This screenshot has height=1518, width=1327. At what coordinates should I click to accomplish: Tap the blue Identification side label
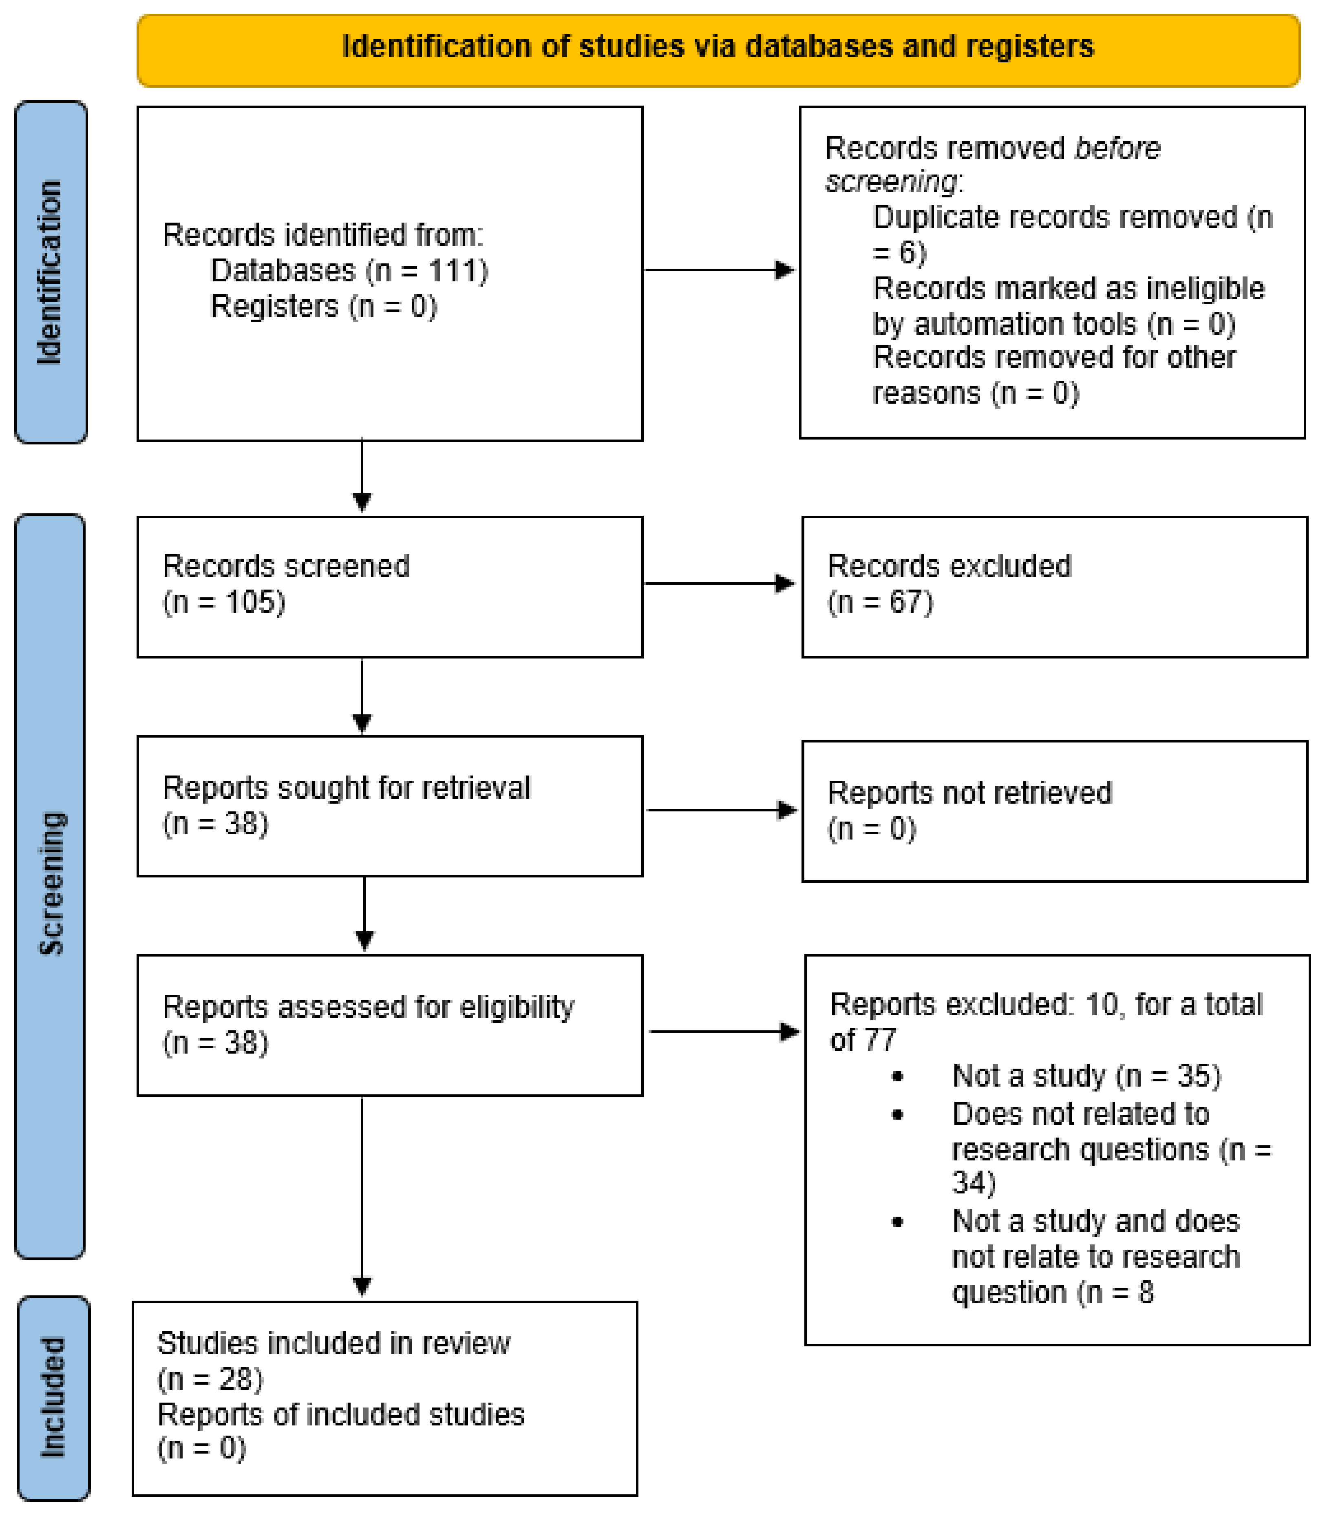click(51, 272)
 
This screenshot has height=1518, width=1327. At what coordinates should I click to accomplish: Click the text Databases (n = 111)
click(349, 271)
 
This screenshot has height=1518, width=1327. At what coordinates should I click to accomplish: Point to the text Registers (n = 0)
click(324, 307)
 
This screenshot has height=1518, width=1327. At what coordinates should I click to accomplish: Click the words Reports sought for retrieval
click(346, 788)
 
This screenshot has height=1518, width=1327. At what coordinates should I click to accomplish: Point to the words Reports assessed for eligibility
click(368, 1007)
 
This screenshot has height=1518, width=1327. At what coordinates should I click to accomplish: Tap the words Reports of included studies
click(341, 1414)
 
